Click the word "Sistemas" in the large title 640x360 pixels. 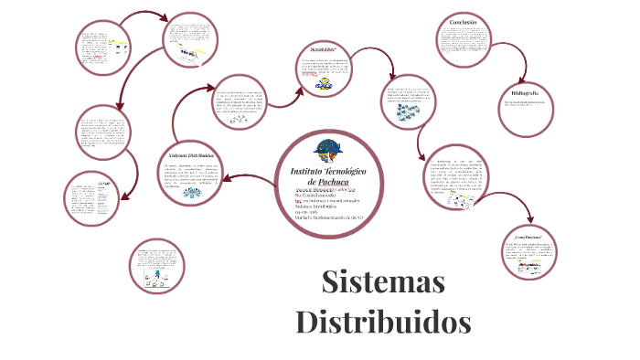pyautogui.click(x=383, y=282)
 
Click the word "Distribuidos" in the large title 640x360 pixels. pyautogui.click(x=383, y=322)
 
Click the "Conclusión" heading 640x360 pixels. pyautogui.click(x=469, y=22)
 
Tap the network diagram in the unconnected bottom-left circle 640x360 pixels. pyautogui.click(x=160, y=274)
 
